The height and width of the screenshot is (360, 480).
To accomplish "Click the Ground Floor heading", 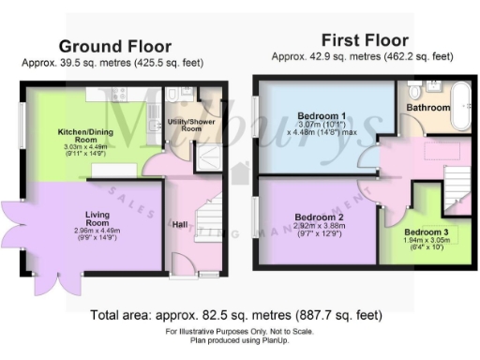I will (115, 46).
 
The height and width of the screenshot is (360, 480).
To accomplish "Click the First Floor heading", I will (365, 40).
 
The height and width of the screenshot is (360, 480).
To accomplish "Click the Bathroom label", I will (427, 108).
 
